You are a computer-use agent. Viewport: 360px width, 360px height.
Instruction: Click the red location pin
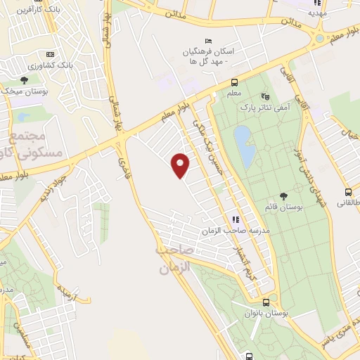[181, 165]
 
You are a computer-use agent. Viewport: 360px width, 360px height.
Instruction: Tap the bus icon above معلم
[234, 82]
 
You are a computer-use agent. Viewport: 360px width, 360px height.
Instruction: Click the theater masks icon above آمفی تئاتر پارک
[265, 96]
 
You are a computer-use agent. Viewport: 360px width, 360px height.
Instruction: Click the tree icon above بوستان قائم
[283, 196]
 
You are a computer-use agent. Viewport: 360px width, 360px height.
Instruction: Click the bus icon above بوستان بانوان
[249, 302]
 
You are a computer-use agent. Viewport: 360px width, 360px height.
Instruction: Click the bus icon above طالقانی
[348, 192]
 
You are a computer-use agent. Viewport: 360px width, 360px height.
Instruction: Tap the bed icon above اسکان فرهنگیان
[207, 40]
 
